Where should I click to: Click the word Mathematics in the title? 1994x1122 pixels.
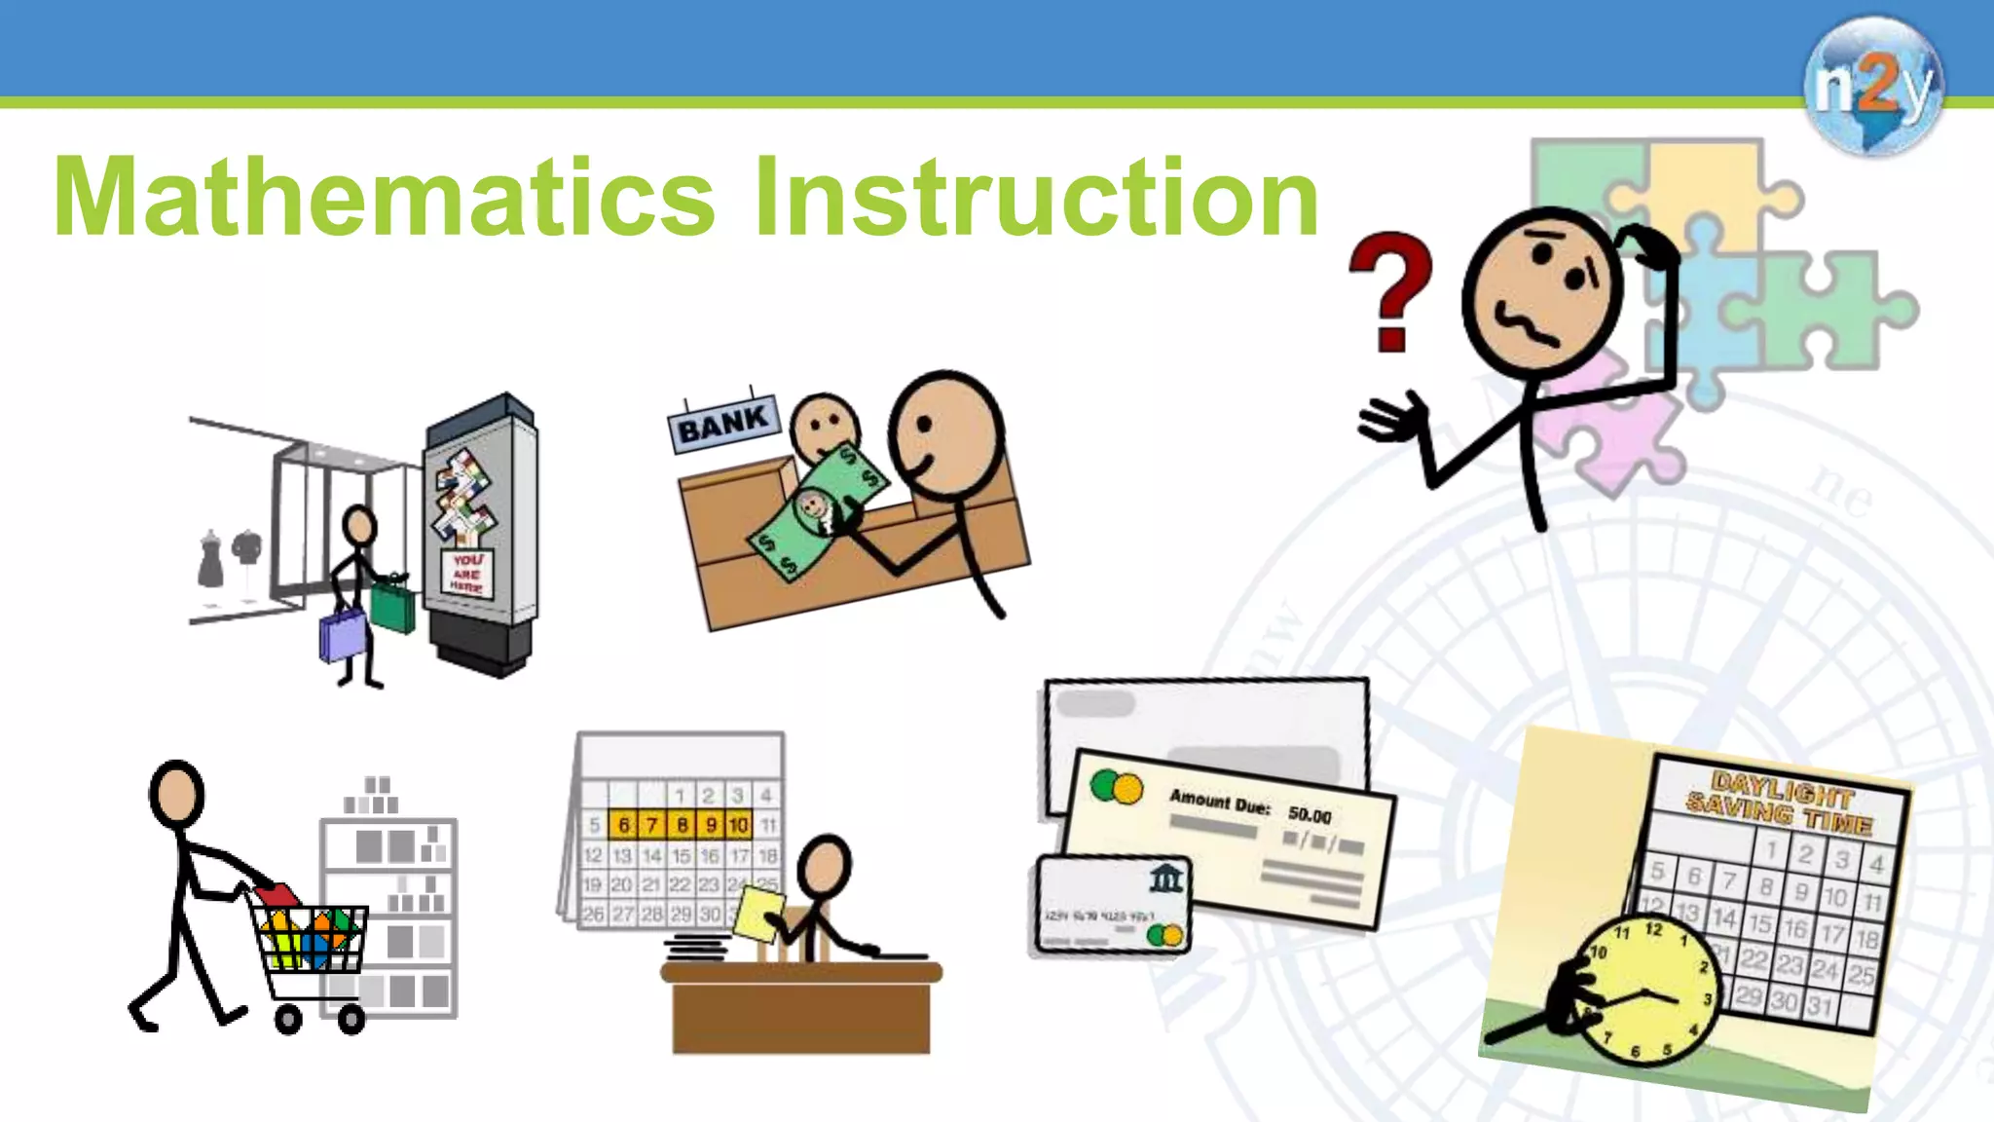pos(385,198)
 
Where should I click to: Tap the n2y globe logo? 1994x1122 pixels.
pos(1872,86)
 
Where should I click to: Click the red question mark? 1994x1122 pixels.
pos(1390,290)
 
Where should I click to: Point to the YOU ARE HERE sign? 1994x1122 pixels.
pos(467,574)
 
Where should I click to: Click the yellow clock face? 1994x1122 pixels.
pos(1645,993)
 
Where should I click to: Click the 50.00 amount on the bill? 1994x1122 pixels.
pos(1310,814)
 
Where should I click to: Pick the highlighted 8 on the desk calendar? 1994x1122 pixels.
pos(682,825)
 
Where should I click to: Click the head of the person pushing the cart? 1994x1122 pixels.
pos(176,794)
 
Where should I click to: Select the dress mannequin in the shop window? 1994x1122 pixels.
pos(210,559)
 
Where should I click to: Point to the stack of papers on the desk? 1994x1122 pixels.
pos(696,946)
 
